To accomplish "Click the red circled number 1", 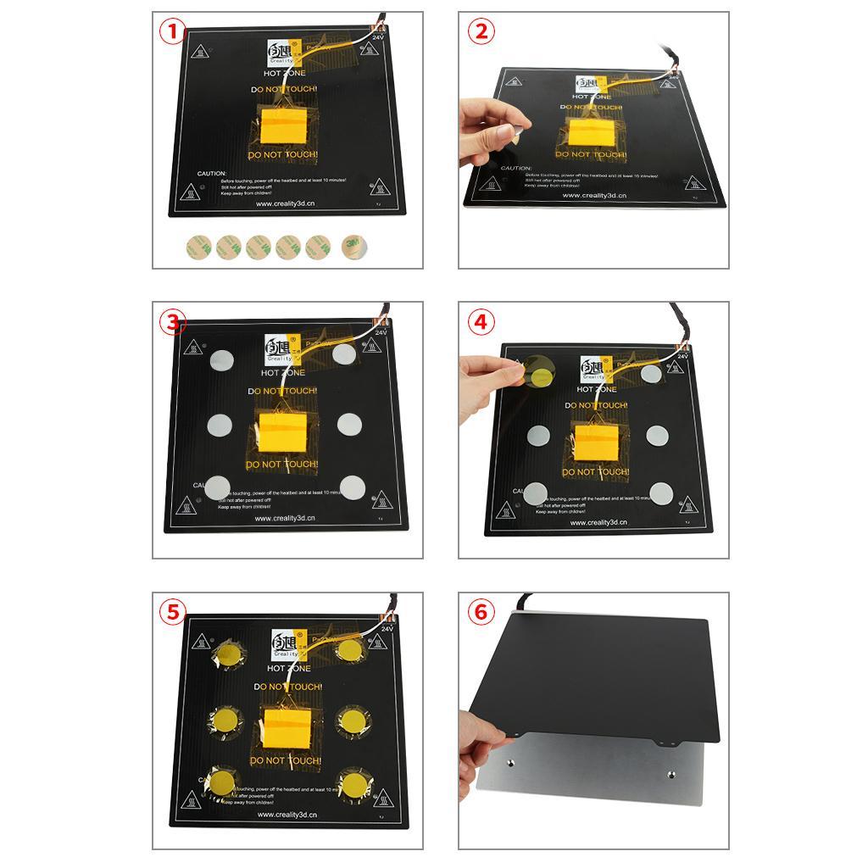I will pos(172,32).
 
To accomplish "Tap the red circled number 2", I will pos(481,32).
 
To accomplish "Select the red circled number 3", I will pos(173,322).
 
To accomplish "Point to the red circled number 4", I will pos(481,322).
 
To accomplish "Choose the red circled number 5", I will pos(173,612).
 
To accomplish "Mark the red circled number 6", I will pos(481,612).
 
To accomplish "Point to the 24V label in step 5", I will pos(387,629).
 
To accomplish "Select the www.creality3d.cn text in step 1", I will pos(287,203).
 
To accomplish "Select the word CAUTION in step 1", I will pos(211,174).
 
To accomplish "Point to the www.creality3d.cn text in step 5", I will pos(287,815).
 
